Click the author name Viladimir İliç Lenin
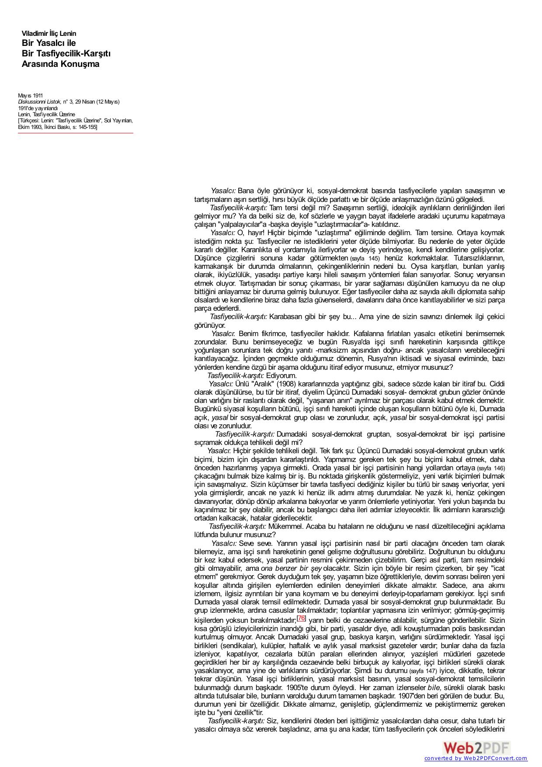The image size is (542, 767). click(49, 34)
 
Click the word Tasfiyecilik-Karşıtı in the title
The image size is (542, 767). click(66, 53)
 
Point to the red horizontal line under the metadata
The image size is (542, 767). click(75, 133)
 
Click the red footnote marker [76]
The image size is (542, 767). click(301, 618)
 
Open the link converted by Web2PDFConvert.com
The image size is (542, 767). click(476, 758)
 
